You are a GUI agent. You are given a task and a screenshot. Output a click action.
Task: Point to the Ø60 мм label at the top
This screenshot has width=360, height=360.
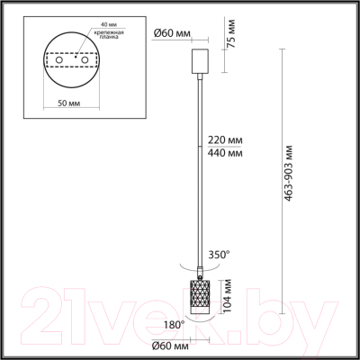tap(170, 32)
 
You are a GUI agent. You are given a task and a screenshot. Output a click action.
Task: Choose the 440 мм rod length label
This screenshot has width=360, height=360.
tap(223, 154)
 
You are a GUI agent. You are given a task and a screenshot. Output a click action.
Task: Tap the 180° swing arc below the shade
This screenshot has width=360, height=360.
tap(200, 322)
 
